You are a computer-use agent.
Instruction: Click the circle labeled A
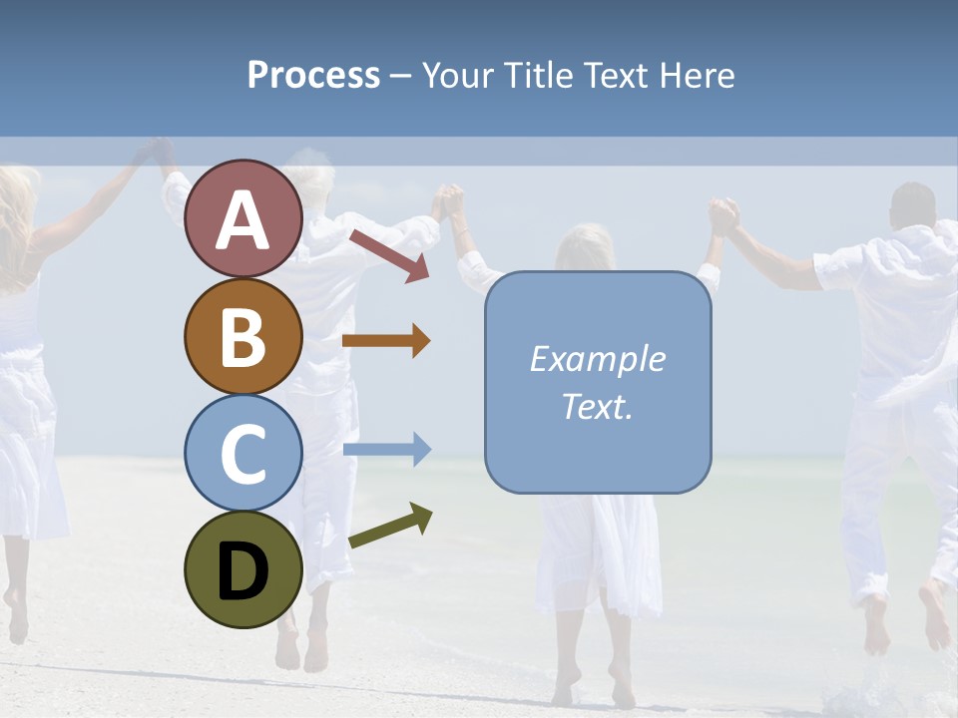coord(242,218)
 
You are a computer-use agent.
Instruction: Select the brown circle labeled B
coord(242,336)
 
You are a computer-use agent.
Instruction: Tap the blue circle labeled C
coord(242,453)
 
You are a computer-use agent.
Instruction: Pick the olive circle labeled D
coord(242,569)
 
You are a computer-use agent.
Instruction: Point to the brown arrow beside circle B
coord(386,341)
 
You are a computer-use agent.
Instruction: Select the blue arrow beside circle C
coord(387,449)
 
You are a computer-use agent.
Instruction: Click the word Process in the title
coord(313,76)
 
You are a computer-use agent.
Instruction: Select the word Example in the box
coord(597,359)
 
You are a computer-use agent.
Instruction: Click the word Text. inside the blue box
coord(597,406)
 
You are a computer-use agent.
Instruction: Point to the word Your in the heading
coord(458,76)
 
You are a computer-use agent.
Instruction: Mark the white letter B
coord(242,336)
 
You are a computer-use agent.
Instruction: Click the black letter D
coord(242,571)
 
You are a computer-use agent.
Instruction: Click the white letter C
coord(242,454)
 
